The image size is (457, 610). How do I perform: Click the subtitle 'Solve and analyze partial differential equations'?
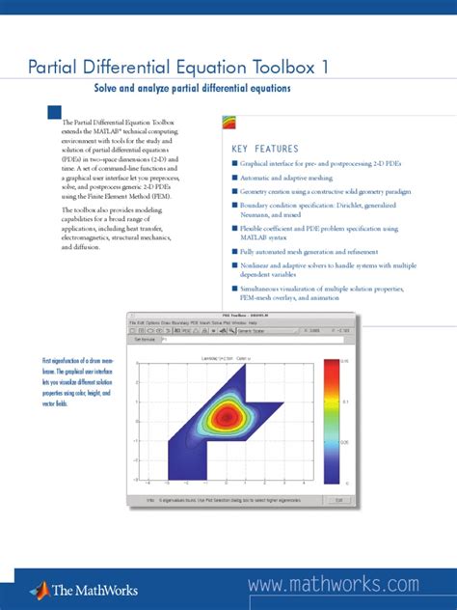click(192, 89)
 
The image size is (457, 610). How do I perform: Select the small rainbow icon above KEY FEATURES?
click(229, 122)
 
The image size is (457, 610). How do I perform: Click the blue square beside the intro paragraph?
click(53, 115)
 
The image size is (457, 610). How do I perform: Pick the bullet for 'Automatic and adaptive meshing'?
click(234, 179)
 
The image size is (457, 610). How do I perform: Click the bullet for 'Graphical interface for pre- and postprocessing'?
click(234, 164)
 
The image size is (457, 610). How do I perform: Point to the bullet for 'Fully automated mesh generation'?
click(234, 251)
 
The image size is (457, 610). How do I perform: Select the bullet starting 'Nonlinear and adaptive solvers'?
click(234, 265)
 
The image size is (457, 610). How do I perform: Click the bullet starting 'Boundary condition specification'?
click(234, 208)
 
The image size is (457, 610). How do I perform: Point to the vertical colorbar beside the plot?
click(331, 421)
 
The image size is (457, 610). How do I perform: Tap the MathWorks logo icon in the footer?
click(40, 589)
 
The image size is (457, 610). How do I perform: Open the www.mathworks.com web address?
click(334, 585)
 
